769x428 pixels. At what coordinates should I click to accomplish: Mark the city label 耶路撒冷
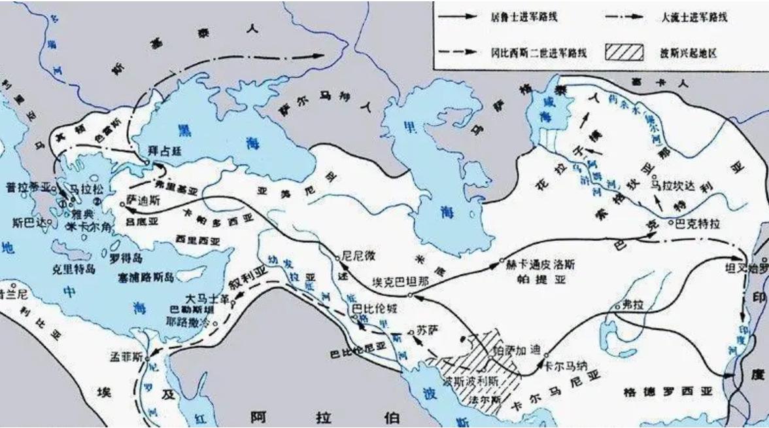(x=189, y=323)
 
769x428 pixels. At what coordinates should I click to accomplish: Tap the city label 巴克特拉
(x=700, y=223)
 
